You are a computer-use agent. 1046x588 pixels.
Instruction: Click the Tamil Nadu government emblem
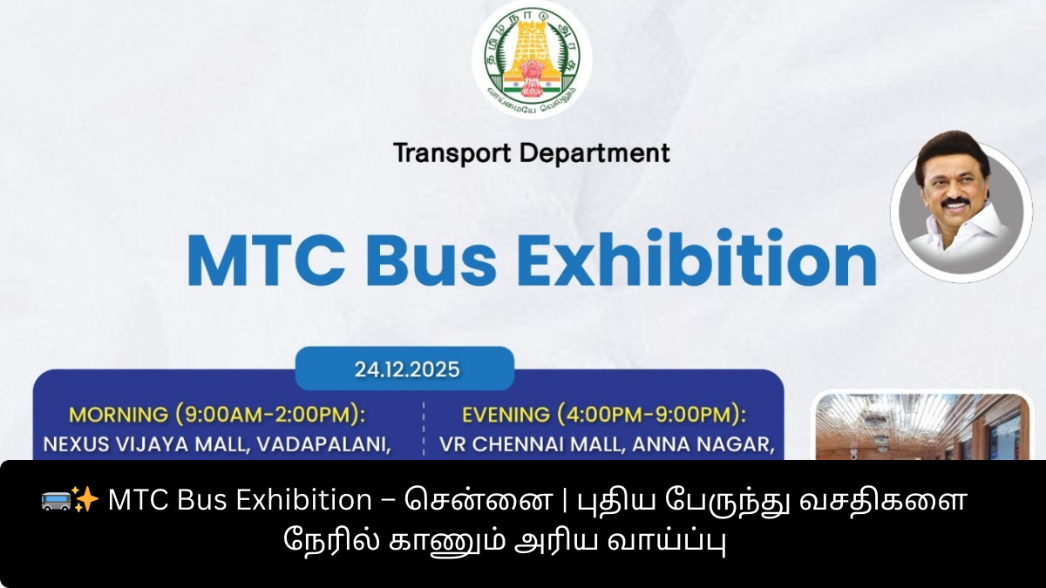532,59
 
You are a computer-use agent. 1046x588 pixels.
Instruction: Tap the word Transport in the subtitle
452,153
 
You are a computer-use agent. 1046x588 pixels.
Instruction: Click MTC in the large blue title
266,260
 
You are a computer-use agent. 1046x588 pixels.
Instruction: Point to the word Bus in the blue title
431,259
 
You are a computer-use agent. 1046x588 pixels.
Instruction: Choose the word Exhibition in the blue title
696,257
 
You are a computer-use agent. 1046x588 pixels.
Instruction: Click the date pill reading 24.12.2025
404,369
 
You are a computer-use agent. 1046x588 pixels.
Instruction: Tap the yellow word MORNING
119,415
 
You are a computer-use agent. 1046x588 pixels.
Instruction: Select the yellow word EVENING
506,415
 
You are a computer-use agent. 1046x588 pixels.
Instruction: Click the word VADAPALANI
323,444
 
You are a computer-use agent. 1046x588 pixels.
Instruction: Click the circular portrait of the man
961,208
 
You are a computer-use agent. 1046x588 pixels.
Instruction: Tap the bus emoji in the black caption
56,500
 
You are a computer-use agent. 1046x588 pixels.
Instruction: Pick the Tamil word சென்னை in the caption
479,500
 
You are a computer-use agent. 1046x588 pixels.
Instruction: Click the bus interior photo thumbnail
922,427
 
